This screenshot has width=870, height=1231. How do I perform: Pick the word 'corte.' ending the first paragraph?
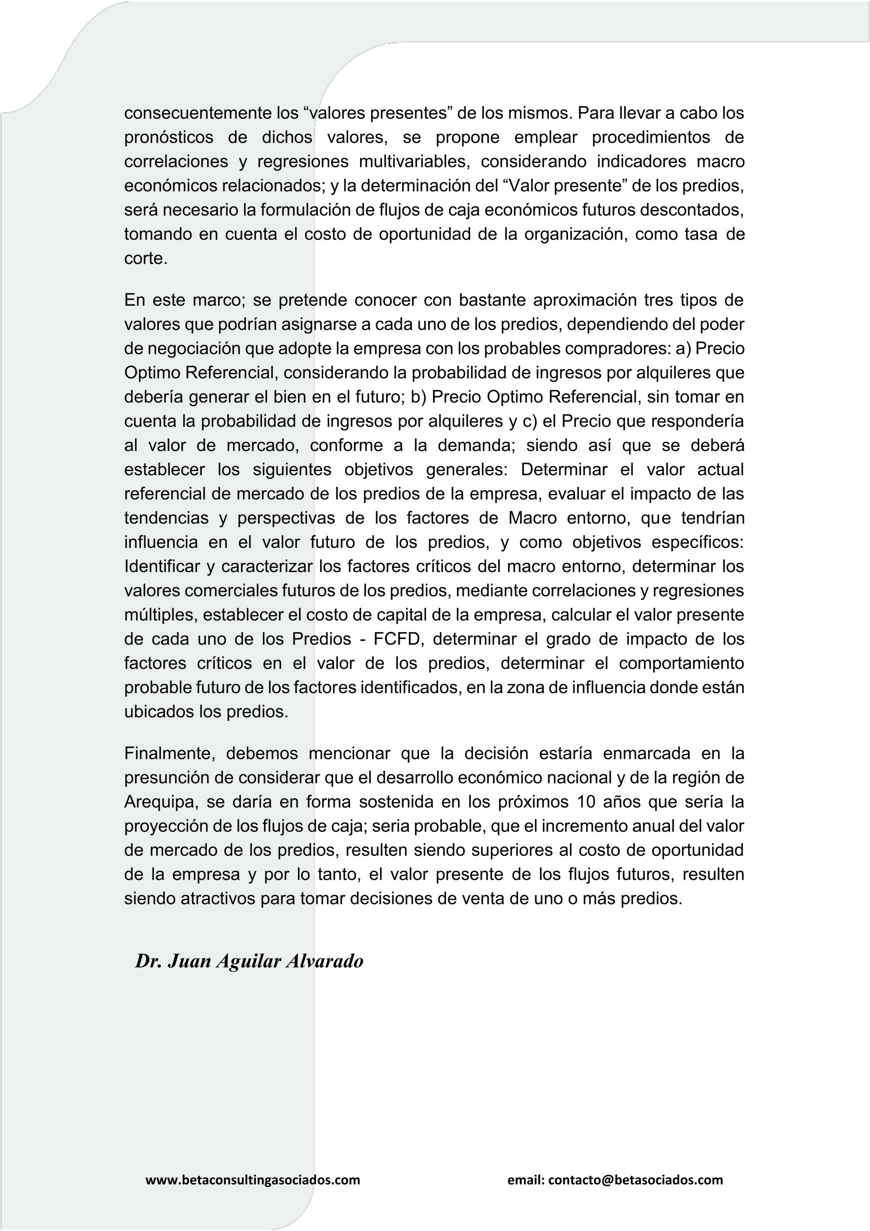(146, 259)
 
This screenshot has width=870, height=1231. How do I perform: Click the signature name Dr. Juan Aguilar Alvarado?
(249, 961)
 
